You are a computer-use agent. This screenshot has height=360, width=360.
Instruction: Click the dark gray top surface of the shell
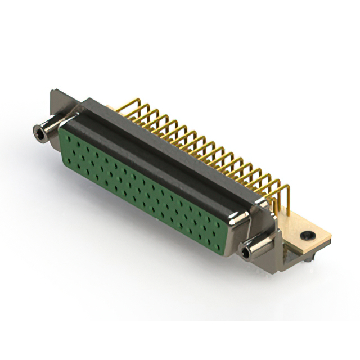click(163, 152)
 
